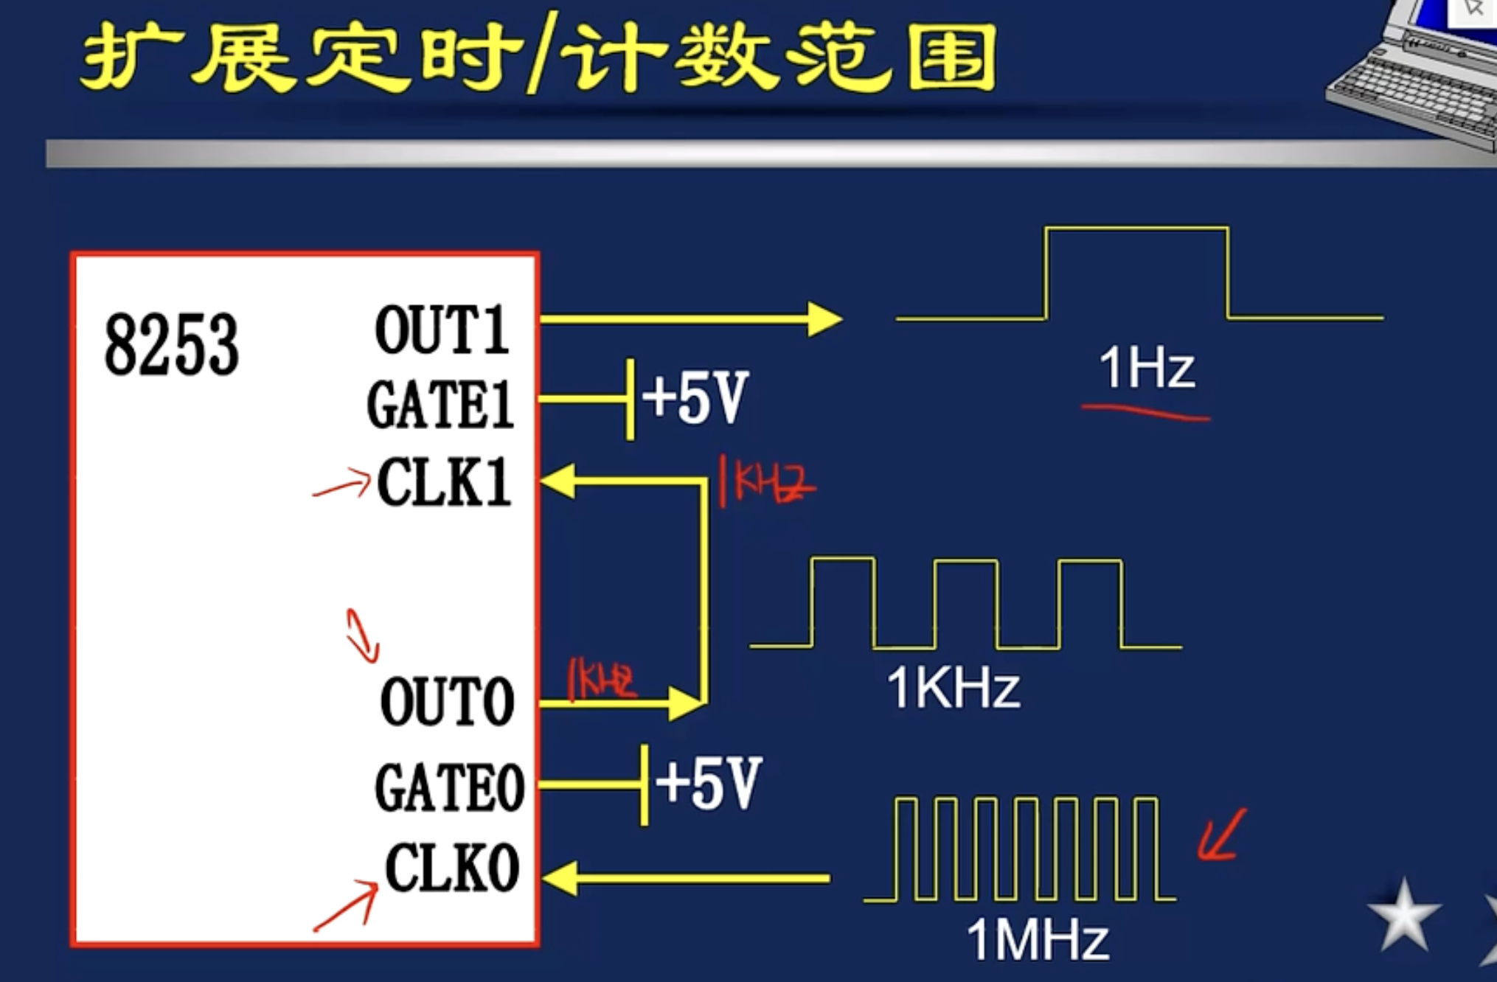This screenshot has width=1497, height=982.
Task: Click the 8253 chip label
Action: pos(172,344)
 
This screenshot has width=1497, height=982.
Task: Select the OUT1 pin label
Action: pos(442,330)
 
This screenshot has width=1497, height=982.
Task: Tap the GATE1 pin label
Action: pos(440,405)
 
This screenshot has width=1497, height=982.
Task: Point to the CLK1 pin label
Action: pos(444,482)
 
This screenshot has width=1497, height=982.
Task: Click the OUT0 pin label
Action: pos(447,702)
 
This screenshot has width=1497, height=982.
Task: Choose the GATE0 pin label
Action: pos(449,788)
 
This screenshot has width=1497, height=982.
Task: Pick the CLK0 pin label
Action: pos(452,868)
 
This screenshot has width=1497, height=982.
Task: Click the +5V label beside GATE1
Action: pos(695,397)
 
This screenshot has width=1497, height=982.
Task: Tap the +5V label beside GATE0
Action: pos(708,783)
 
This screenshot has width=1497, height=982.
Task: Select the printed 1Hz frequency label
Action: pos(1146,368)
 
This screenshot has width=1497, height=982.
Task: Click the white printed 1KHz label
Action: pos(953,688)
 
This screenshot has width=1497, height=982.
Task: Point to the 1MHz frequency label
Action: pos(1037,939)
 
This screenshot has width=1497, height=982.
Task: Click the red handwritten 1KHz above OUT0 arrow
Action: pos(601,679)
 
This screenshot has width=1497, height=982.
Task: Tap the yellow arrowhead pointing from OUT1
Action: pos(824,319)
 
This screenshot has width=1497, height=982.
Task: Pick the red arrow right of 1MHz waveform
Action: pos(1221,835)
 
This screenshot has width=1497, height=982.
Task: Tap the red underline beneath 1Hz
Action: pos(1145,413)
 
